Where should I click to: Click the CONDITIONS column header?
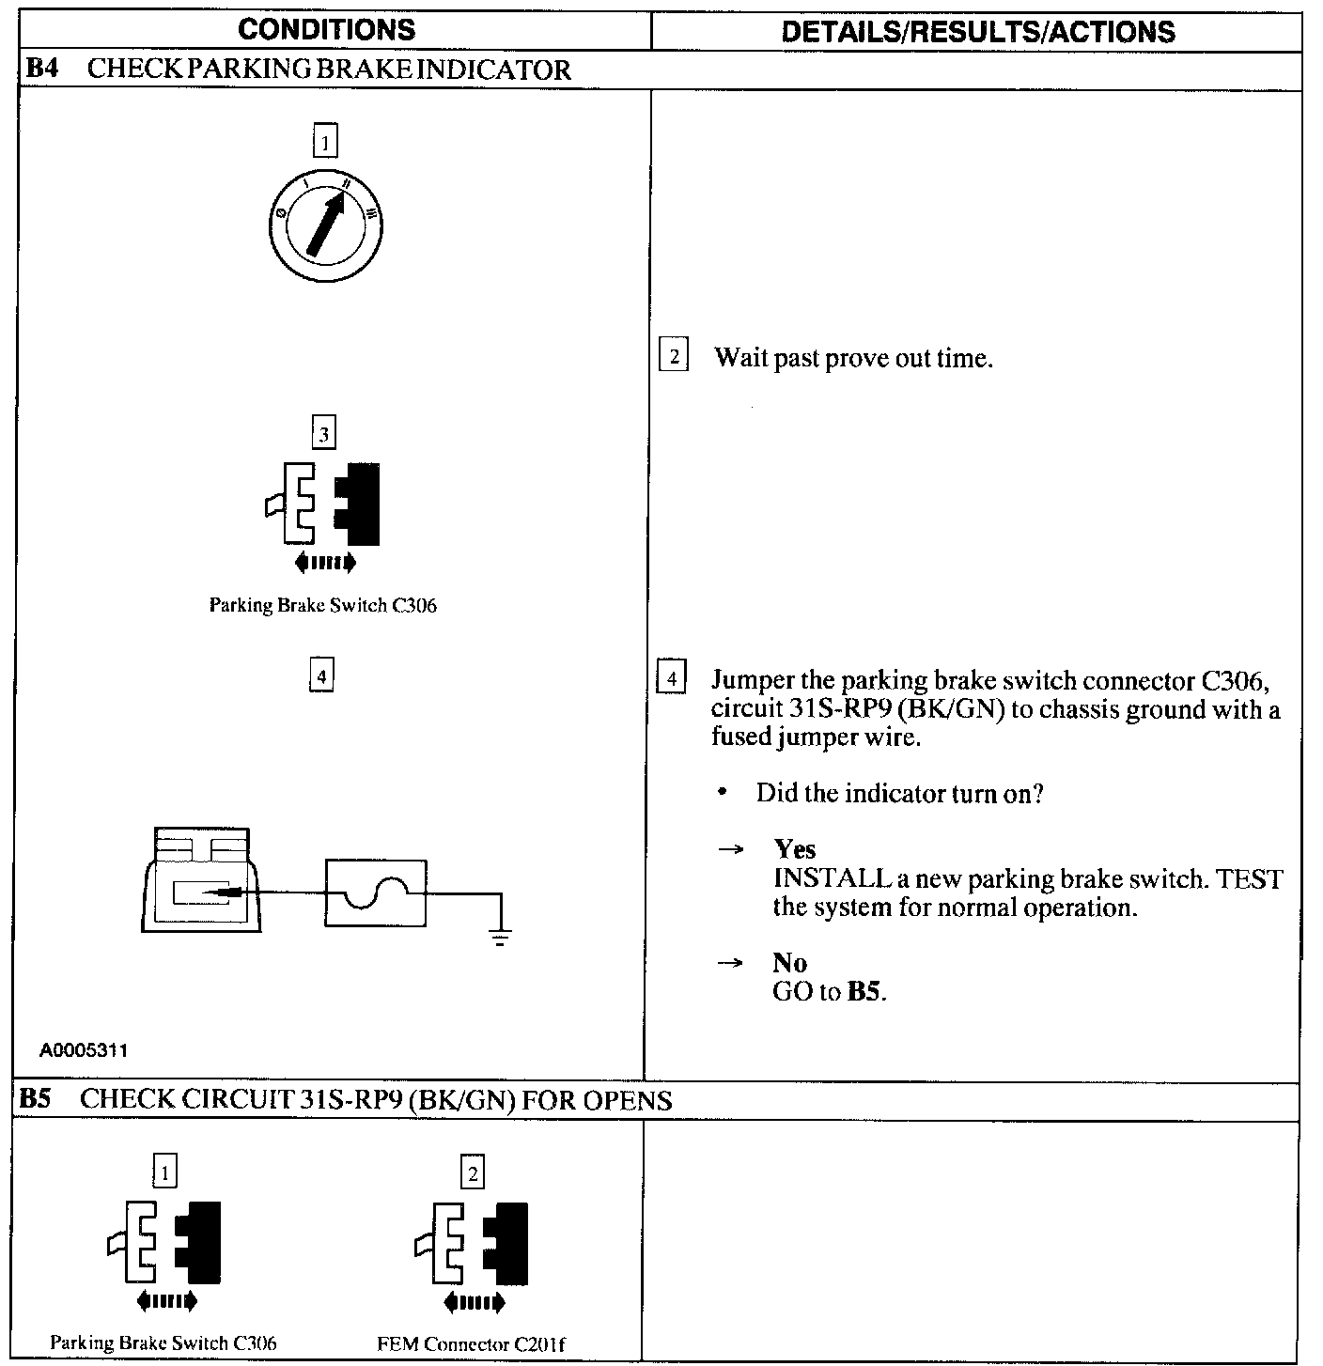pos(326,30)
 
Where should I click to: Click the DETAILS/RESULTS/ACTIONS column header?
pos(977,32)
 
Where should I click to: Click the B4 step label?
pos(41,70)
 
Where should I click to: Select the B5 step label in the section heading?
pos(36,1099)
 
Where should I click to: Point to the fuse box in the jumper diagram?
pos(375,893)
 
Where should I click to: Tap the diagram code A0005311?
pos(84,1050)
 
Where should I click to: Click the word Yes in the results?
pos(794,849)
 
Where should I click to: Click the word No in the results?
pos(789,963)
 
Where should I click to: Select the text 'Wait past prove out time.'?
pos(852,358)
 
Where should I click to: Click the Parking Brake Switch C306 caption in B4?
pos(322,605)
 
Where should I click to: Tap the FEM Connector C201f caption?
pos(471,1343)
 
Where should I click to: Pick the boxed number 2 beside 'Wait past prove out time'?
pos(673,357)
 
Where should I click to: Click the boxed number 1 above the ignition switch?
pos(325,143)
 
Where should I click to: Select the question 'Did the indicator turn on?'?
pos(899,794)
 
